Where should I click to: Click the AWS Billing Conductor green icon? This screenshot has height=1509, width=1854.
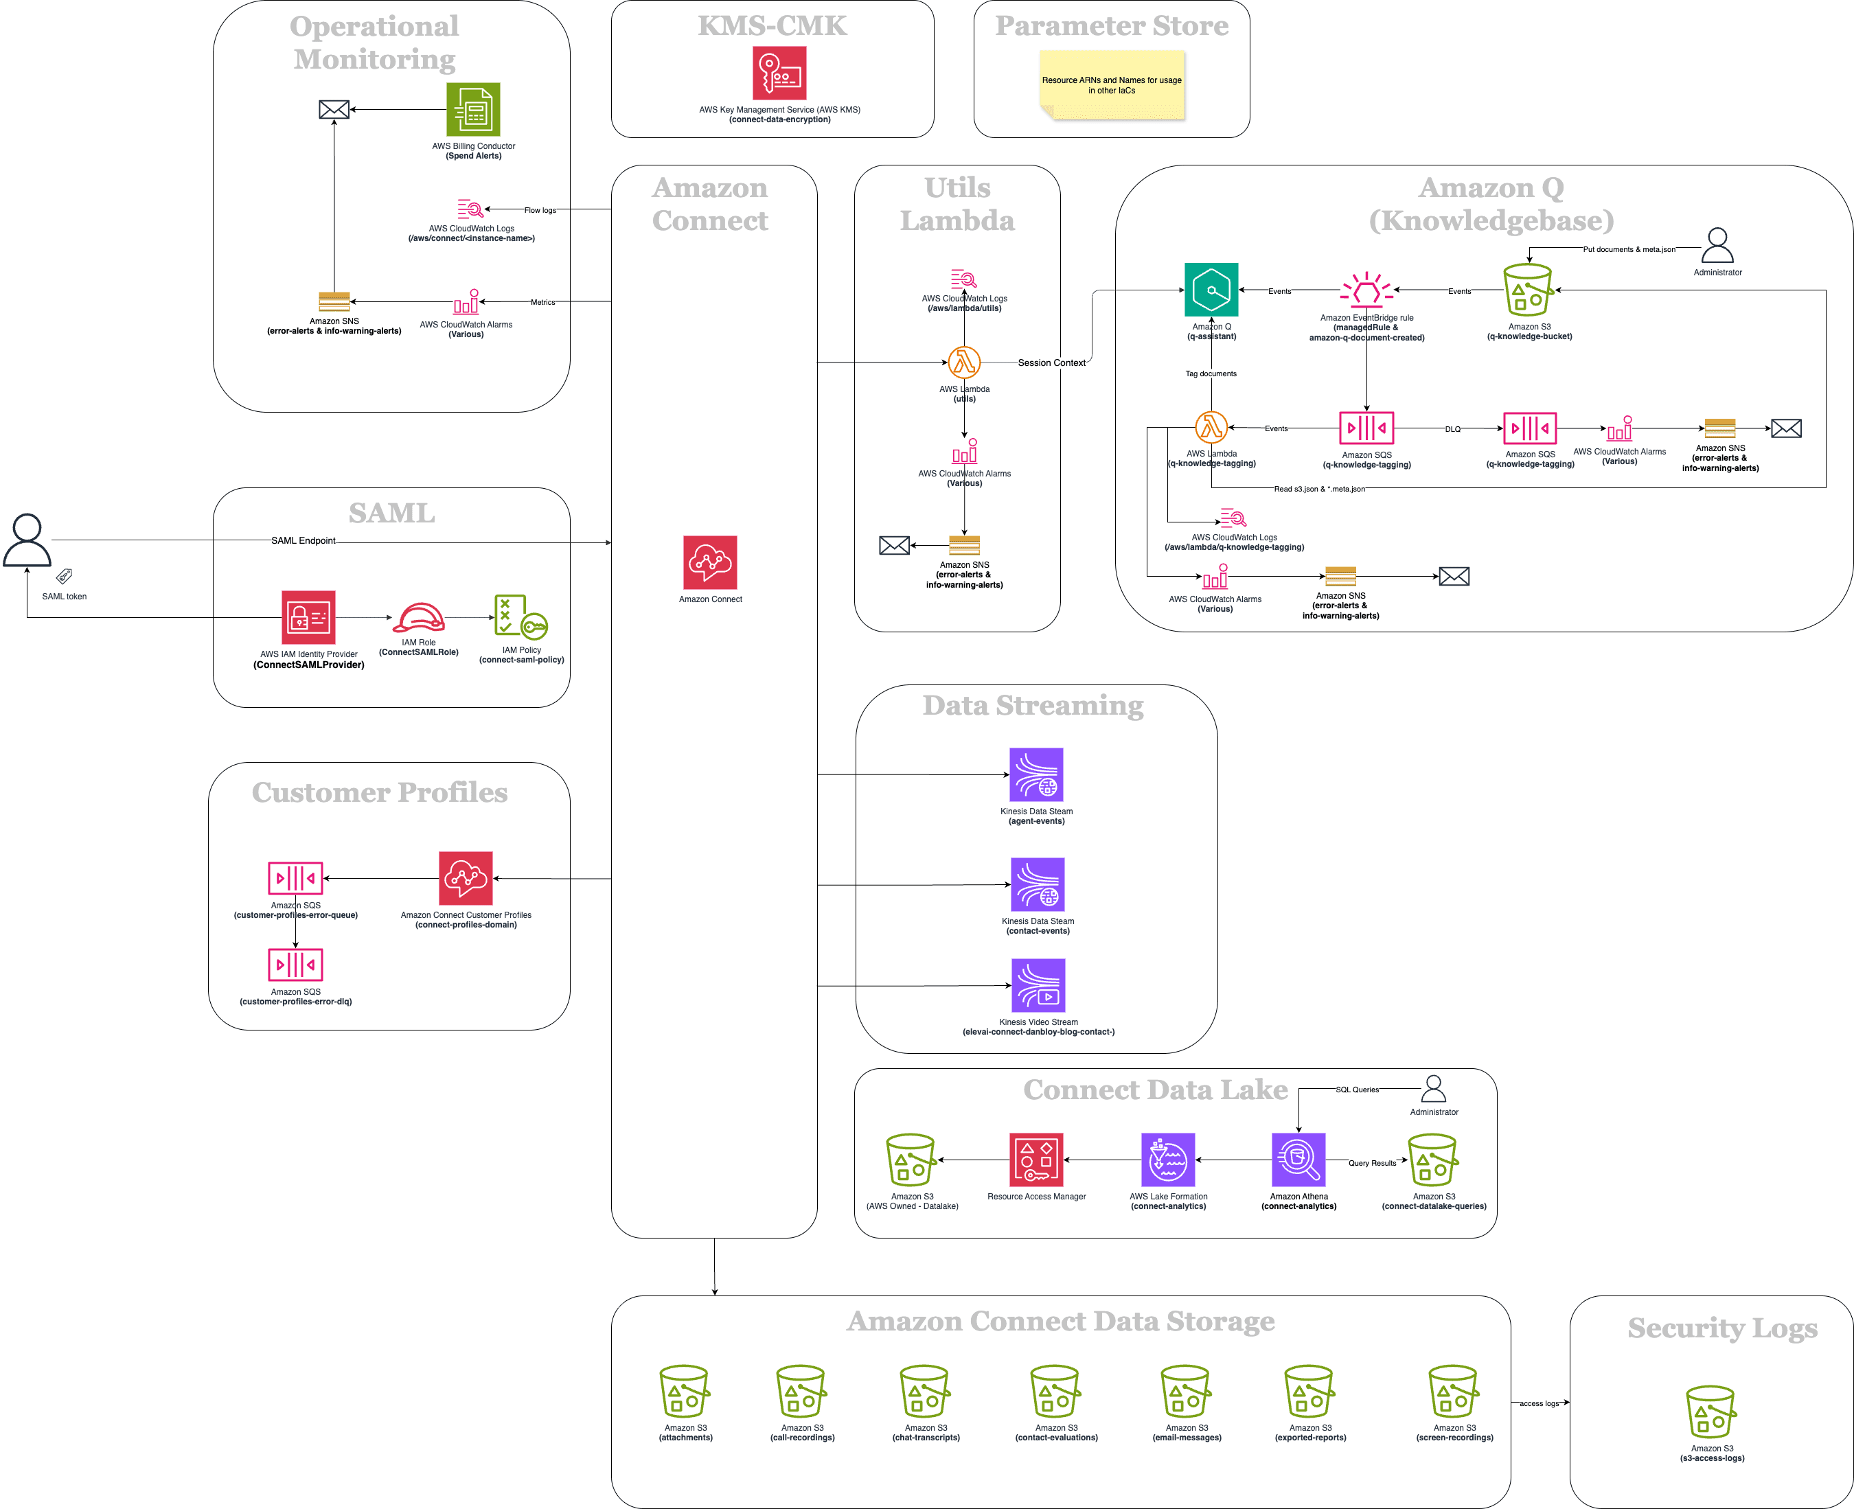coord(473,110)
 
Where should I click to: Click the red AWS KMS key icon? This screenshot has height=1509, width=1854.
coord(779,73)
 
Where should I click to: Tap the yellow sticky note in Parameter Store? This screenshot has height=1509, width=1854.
coord(1112,84)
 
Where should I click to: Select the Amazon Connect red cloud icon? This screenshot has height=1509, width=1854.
coord(710,562)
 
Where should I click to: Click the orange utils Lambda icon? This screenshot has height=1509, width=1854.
coord(964,362)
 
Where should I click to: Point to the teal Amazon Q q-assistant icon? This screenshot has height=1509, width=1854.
coord(1211,290)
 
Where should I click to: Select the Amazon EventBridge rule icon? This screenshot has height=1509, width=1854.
coord(1366,290)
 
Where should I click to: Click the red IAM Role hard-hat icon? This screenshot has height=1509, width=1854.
coord(418,618)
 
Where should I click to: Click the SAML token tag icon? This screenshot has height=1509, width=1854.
coord(65,575)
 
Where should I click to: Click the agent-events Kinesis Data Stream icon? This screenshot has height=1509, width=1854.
coord(1036,774)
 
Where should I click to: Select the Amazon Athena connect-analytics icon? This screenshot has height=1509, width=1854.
coord(1298,1160)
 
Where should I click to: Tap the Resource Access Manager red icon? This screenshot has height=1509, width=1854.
coord(1036,1160)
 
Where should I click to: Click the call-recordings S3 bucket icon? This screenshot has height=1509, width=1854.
coord(801,1391)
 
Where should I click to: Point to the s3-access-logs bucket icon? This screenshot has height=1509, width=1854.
coord(1710,1412)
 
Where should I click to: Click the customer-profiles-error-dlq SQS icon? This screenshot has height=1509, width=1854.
coord(295,965)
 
